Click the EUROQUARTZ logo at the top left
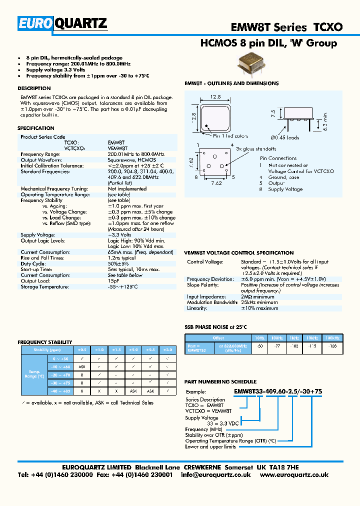click(62, 23)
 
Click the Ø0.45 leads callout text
click(285, 137)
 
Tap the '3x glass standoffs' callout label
click(256, 148)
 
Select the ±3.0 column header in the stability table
click(168, 350)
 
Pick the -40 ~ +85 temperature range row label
click(59, 390)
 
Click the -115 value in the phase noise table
click(312, 346)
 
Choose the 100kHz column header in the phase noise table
click(332, 338)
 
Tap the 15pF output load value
click(113, 281)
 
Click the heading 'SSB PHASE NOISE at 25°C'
click(216, 327)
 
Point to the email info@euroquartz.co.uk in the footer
click(215, 474)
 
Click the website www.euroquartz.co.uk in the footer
click(294, 474)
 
